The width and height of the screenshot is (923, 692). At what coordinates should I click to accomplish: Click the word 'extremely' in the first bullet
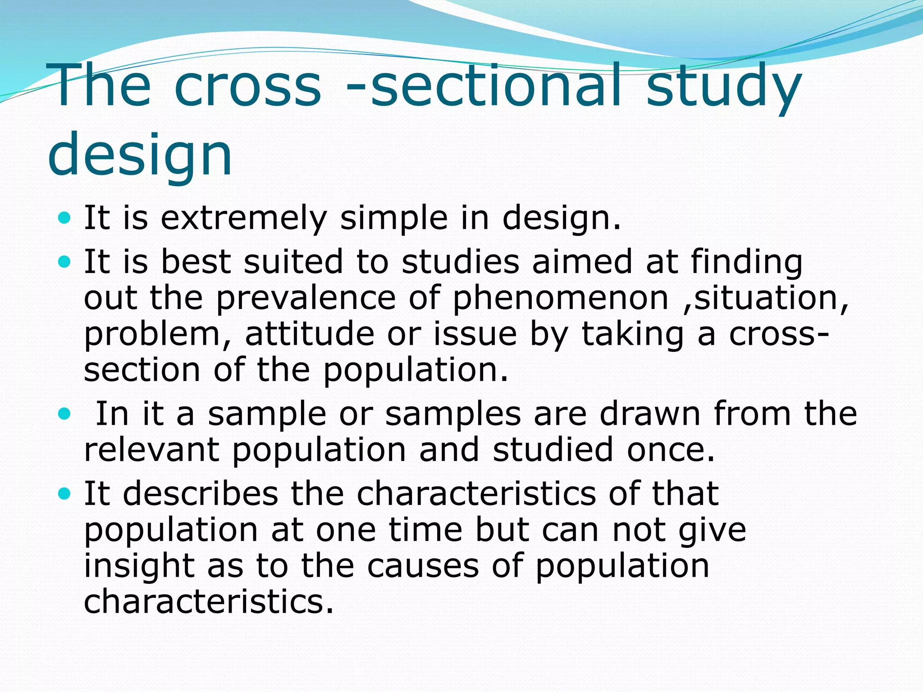pyautogui.click(x=243, y=218)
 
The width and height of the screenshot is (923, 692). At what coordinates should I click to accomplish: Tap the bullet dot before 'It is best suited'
pyautogui.click(x=65, y=262)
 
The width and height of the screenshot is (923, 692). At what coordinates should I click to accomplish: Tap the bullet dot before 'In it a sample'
pyautogui.click(x=65, y=414)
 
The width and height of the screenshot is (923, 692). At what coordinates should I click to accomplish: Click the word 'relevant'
pyautogui.click(x=151, y=450)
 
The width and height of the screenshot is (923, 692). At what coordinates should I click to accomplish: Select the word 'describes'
pyautogui.click(x=200, y=493)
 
